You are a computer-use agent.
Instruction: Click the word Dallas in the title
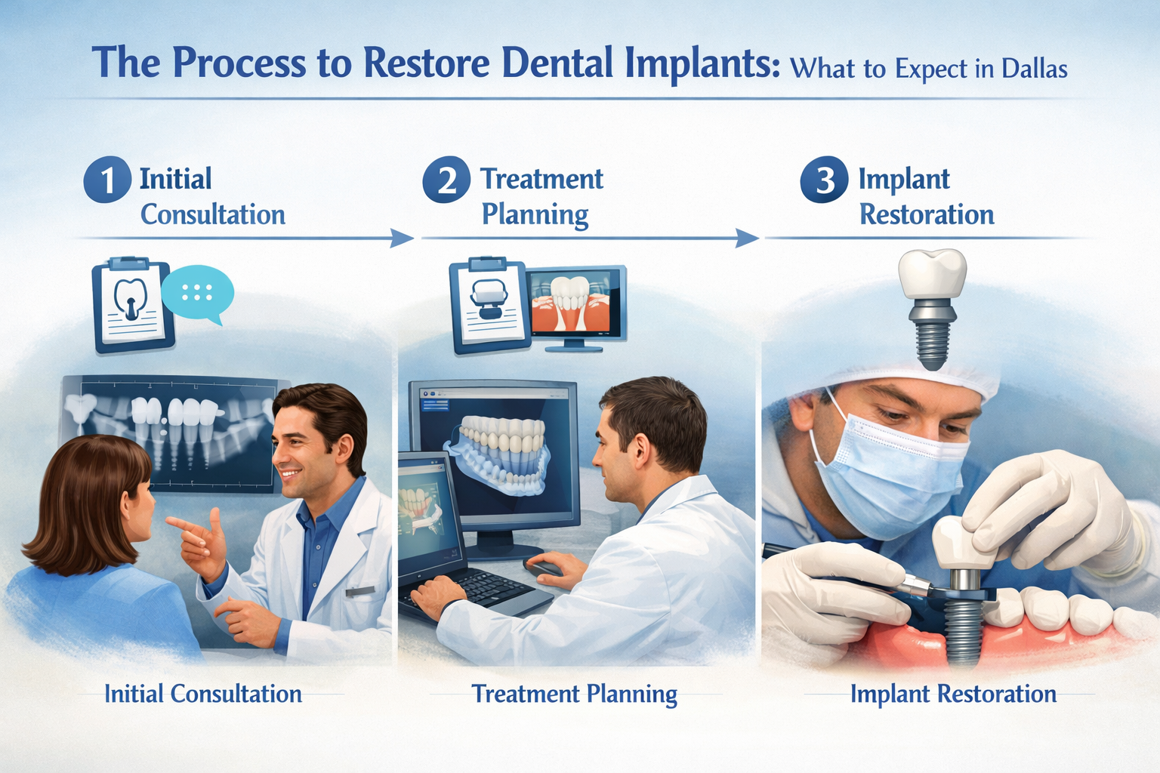point(1034,69)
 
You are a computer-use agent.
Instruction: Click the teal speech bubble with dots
point(197,293)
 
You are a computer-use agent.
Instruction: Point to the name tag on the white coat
point(359,592)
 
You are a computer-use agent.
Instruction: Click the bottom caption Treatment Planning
point(574,694)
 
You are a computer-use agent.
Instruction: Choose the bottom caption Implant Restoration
point(953,694)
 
